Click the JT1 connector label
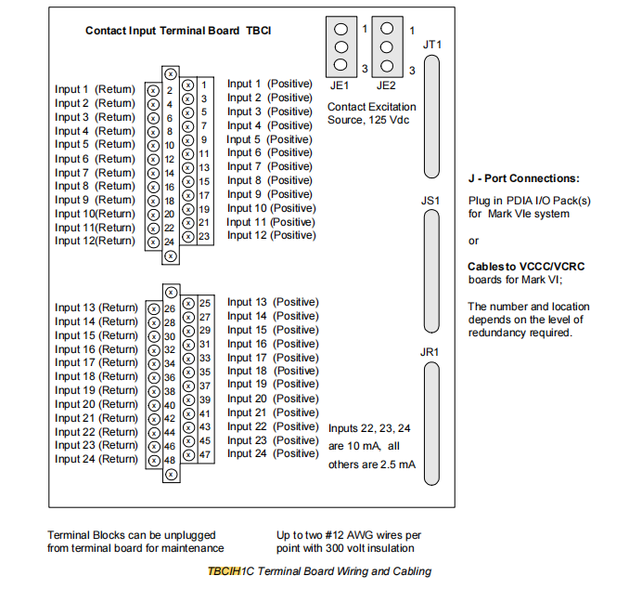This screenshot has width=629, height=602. (x=431, y=45)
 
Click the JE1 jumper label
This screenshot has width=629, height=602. (x=340, y=84)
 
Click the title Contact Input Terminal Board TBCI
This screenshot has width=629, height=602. (x=178, y=31)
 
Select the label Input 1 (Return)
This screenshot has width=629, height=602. (x=95, y=90)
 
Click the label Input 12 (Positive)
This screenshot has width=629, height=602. (x=271, y=235)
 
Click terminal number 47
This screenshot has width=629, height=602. (x=205, y=454)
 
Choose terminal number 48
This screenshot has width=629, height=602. (x=170, y=460)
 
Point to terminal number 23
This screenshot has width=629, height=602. (x=204, y=236)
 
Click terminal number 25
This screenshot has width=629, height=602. (x=205, y=303)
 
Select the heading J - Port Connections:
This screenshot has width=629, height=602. (x=523, y=178)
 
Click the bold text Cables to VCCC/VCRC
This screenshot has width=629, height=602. (x=526, y=267)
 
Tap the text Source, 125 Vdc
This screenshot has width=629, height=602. (x=368, y=120)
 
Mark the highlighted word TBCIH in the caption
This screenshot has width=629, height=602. (x=224, y=571)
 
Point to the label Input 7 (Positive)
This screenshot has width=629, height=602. (x=269, y=166)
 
